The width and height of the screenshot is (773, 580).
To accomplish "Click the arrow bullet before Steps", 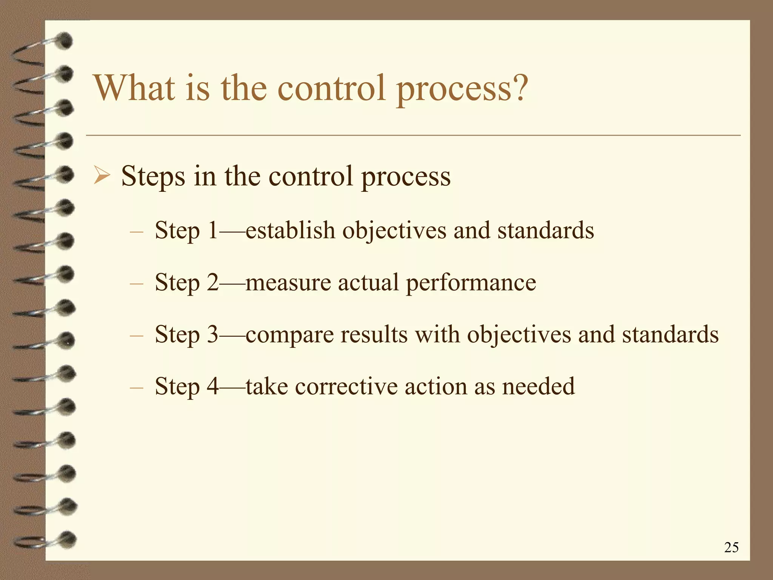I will [x=102, y=176].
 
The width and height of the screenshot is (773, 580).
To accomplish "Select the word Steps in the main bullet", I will [x=153, y=176].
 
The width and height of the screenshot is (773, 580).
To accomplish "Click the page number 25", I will [x=731, y=547].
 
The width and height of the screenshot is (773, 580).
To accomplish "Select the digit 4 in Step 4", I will [x=213, y=386].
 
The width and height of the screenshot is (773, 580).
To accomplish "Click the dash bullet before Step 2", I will [x=136, y=283].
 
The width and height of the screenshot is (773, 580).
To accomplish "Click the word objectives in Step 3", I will [x=519, y=335].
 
